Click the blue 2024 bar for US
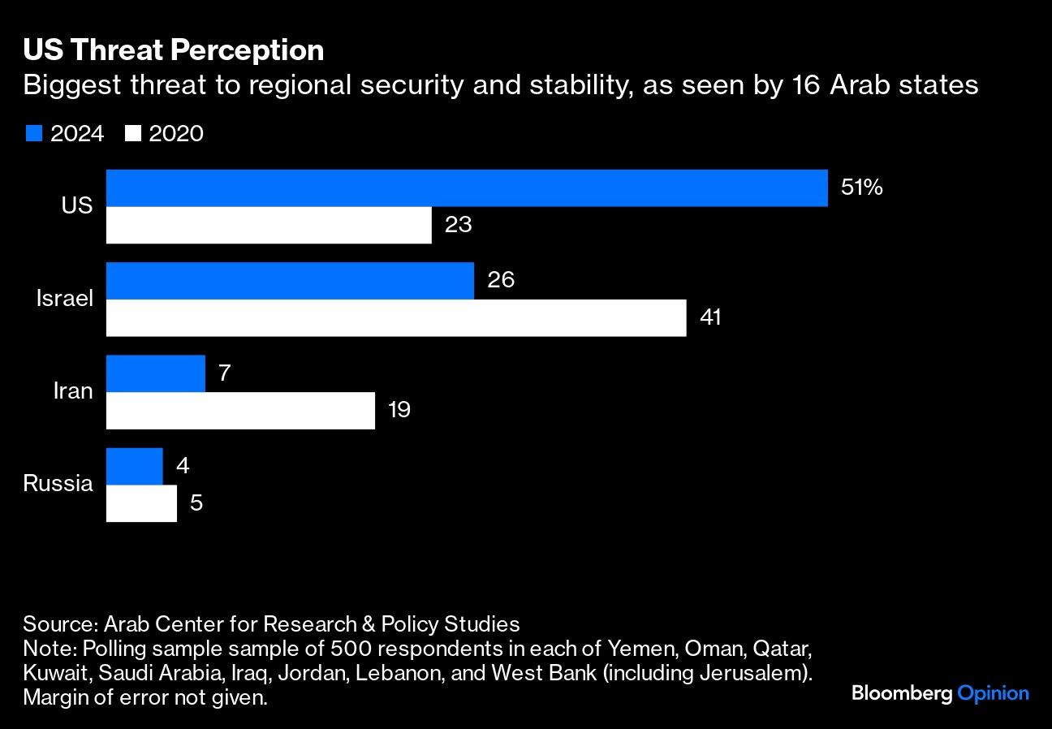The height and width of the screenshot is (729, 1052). pyautogui.click(x=467, y=188)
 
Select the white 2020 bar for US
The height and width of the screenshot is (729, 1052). pyautogui.click(x=269, y=225)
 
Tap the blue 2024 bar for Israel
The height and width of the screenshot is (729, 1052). pyautogui.click(x=290, y=281)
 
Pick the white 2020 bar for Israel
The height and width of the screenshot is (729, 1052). pyautogui.click(x=396, y=317)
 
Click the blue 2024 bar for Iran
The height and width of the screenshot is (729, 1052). pyautogui.click(x=156, y=373)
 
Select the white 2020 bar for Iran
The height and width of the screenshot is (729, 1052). pyautogui.click(x=240, y=410)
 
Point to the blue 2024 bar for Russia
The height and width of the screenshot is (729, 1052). pyautogui.click(x=135, y=466)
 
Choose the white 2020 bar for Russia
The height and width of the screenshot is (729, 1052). pyautogui.click(x=141, y=503)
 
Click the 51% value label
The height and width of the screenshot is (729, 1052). pyautogui.click(x=861, y=188)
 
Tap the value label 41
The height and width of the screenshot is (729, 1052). pyautogui.click(x=710, y=317)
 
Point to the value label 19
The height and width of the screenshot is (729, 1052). pyautogui.click(x=399, y=410)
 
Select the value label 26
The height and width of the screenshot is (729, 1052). pyautogui.click(x=501, y=281)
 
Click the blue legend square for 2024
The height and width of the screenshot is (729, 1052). pyautogui.click(x=33, y=134)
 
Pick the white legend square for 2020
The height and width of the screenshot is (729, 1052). pyautogui.click(x=132, y=134)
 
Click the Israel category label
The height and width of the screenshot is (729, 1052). pyautogui.click(x=65, y=299)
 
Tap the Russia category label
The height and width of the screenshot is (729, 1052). pyautogui.click(x=58, y=484)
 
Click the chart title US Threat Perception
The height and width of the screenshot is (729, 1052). pyautogui.click(x=174, y=50)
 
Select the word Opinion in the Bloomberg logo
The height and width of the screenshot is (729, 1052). pyautogui.click(x=994, y=693)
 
